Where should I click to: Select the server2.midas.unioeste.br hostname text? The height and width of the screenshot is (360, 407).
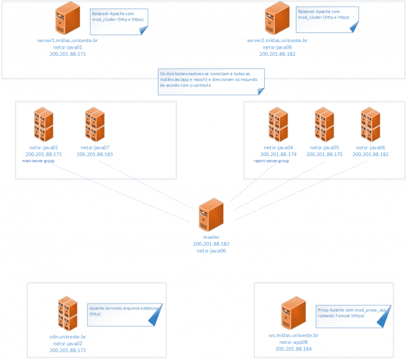pyautogui.click(x=277, y=40)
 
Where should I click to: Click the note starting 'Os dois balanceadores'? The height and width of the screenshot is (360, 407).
pyautogui.click(x=209, y=81)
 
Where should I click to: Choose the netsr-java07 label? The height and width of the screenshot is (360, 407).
pyautogui.click(x=95, y=148)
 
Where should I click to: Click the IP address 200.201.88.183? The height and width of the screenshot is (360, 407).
pyautogui.click(x=95, y=154)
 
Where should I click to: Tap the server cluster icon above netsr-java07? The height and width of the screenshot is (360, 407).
pyautogui.click(x=95, y=124)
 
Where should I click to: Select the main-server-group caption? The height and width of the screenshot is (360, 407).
pyautogui.click(x=38, y=161)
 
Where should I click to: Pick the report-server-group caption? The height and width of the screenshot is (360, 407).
pyautogui.click(x=272, y=161)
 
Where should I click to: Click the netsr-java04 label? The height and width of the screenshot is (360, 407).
pyautogui.click(x=278, y=148)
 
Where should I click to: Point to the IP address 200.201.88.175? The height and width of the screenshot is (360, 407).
pyautogui.click(x=324, y=154)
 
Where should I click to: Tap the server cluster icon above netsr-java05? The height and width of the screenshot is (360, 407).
pyautogui.click(x=324, y=124)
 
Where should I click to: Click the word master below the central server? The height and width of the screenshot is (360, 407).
pyautogui.click(x=211, y=238)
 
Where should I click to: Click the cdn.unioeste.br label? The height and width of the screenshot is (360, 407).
pyautogui.click(x=68, y=337)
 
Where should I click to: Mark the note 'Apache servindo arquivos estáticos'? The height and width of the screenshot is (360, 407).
pyautogui.click(x=122, y=313)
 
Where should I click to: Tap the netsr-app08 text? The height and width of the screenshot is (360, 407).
pyautogui.click(x=294, y=342)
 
